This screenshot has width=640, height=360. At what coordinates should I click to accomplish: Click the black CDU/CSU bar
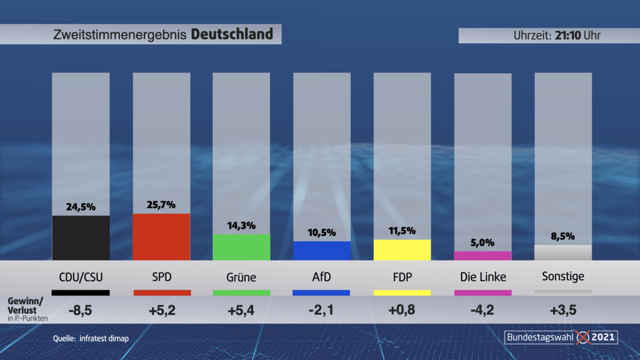81,238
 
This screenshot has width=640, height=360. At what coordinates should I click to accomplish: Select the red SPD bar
161,237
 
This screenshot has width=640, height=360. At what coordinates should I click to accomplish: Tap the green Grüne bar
241,247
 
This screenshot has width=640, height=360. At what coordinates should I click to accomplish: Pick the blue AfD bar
321,250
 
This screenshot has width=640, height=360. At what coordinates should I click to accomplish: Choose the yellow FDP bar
402,250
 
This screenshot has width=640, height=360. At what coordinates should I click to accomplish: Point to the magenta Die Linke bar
482,255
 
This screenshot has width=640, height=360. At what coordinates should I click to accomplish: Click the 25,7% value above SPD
161,204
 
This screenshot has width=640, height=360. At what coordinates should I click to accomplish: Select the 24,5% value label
81,207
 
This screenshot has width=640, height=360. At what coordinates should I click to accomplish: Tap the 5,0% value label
482,242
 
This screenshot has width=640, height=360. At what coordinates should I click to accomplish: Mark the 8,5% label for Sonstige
563,236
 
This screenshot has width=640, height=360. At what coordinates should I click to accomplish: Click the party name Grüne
241,277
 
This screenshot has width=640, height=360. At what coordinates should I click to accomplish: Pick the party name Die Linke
482,277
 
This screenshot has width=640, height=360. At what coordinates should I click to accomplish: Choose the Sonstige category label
563,276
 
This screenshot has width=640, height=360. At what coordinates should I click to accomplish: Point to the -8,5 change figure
81,310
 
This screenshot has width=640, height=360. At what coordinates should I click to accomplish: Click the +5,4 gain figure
241,310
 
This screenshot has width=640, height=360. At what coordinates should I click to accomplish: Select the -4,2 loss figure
482,310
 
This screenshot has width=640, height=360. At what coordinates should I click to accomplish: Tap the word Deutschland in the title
232,34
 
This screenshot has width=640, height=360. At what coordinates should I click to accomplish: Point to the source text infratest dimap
104,338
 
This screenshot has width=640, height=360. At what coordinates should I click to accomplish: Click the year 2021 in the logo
604,337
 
